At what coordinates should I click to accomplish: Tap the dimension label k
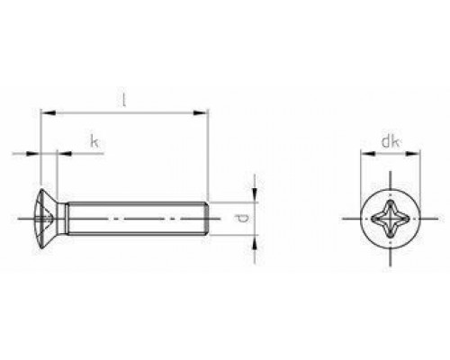coord(94,140)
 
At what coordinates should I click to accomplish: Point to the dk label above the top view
coord(389,140)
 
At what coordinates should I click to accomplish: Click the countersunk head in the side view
coord(50,217)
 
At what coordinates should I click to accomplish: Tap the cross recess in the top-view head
coord(388,217)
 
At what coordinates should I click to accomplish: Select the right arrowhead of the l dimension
coord(204,114)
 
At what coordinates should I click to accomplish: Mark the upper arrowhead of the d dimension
coord(256,194)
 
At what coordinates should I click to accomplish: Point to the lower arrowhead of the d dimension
coord(256,238)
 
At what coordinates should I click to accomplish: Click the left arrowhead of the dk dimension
coord(364,154)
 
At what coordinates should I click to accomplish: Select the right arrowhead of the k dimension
coord(63,154)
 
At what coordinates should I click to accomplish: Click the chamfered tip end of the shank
coord(208,217)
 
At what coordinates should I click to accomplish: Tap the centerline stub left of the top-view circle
coord(349,217)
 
